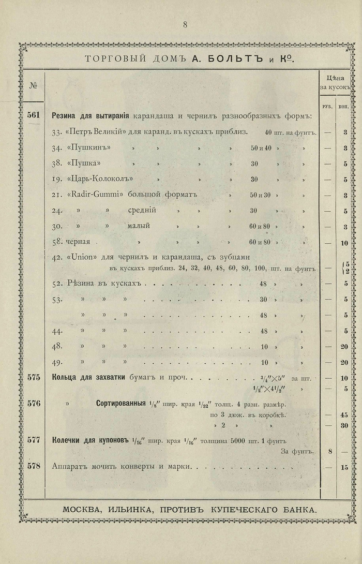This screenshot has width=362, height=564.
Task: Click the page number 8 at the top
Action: click(185, 24)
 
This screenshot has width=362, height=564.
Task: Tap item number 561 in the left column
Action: click(34, 115)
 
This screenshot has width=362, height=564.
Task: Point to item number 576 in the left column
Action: click(34, 403)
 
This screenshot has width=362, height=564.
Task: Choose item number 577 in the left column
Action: click(34, 440)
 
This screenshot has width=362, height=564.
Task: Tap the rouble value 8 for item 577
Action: click(329, 452)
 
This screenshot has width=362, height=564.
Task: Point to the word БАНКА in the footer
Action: click(297, 509)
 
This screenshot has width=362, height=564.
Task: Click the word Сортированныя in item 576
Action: click(120, 403)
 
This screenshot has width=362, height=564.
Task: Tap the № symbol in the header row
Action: click(33, 85)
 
